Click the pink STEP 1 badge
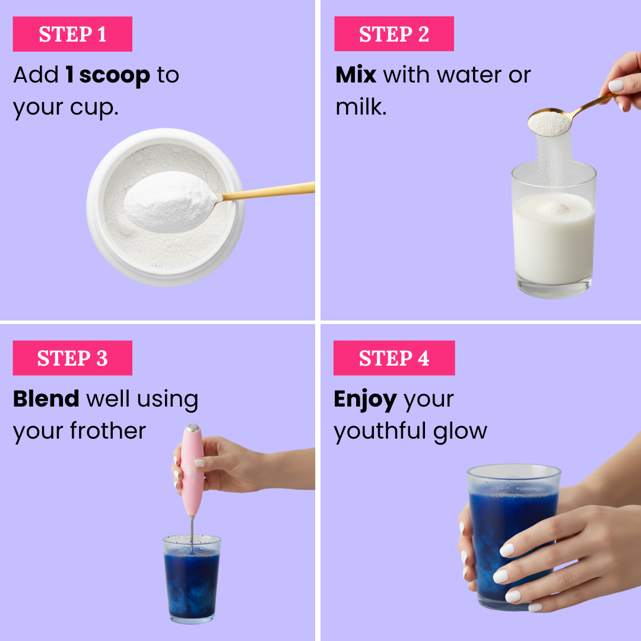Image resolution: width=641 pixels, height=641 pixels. point(72,34)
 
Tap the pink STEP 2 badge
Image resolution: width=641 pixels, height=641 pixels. point(394,34)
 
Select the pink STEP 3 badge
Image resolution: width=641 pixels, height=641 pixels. point(72,358)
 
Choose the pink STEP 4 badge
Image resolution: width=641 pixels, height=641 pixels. point(394,358)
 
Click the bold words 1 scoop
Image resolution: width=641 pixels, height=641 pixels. point(107,75)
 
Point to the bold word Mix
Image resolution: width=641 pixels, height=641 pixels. point(356,75)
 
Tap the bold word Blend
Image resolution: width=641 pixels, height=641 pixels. point(46,399)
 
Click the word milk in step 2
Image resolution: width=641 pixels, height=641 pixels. point(358,107)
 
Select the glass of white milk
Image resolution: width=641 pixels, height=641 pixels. point(554,237)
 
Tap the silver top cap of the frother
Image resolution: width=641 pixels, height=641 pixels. point(192,429)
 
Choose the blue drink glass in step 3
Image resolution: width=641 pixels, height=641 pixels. point(191,579)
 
